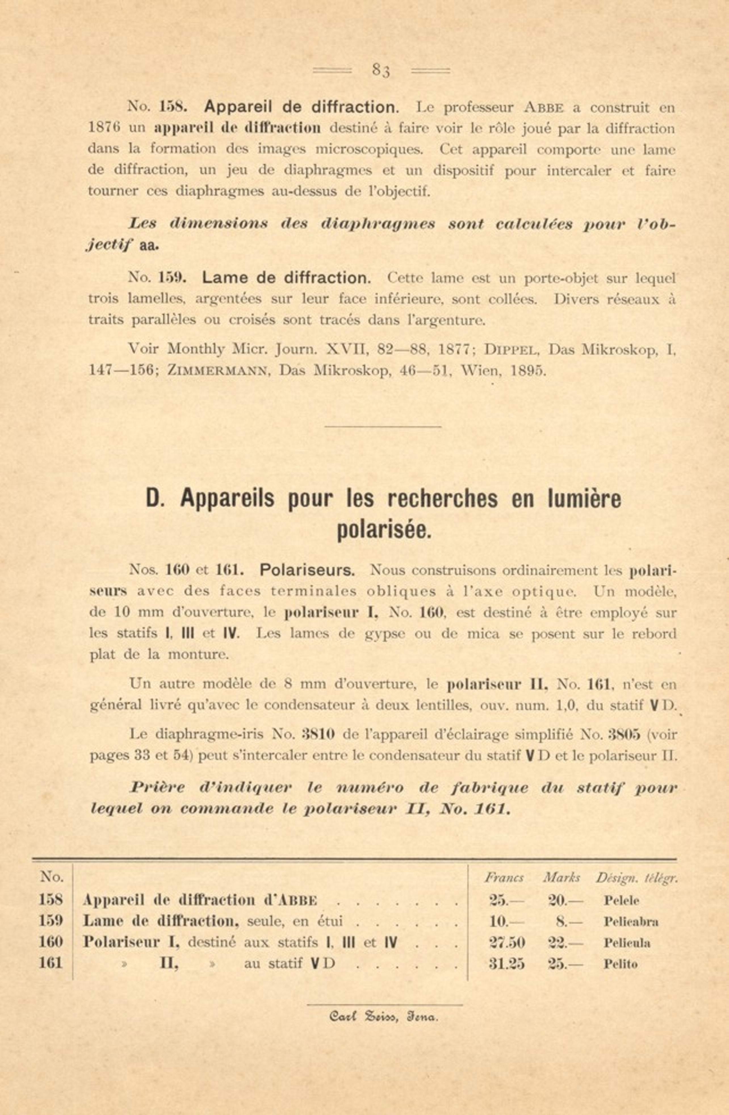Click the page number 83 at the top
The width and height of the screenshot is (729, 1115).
(381, 70)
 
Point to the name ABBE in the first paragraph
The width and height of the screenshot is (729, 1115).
(543, 108)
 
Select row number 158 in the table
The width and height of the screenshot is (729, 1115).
(50, 900)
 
